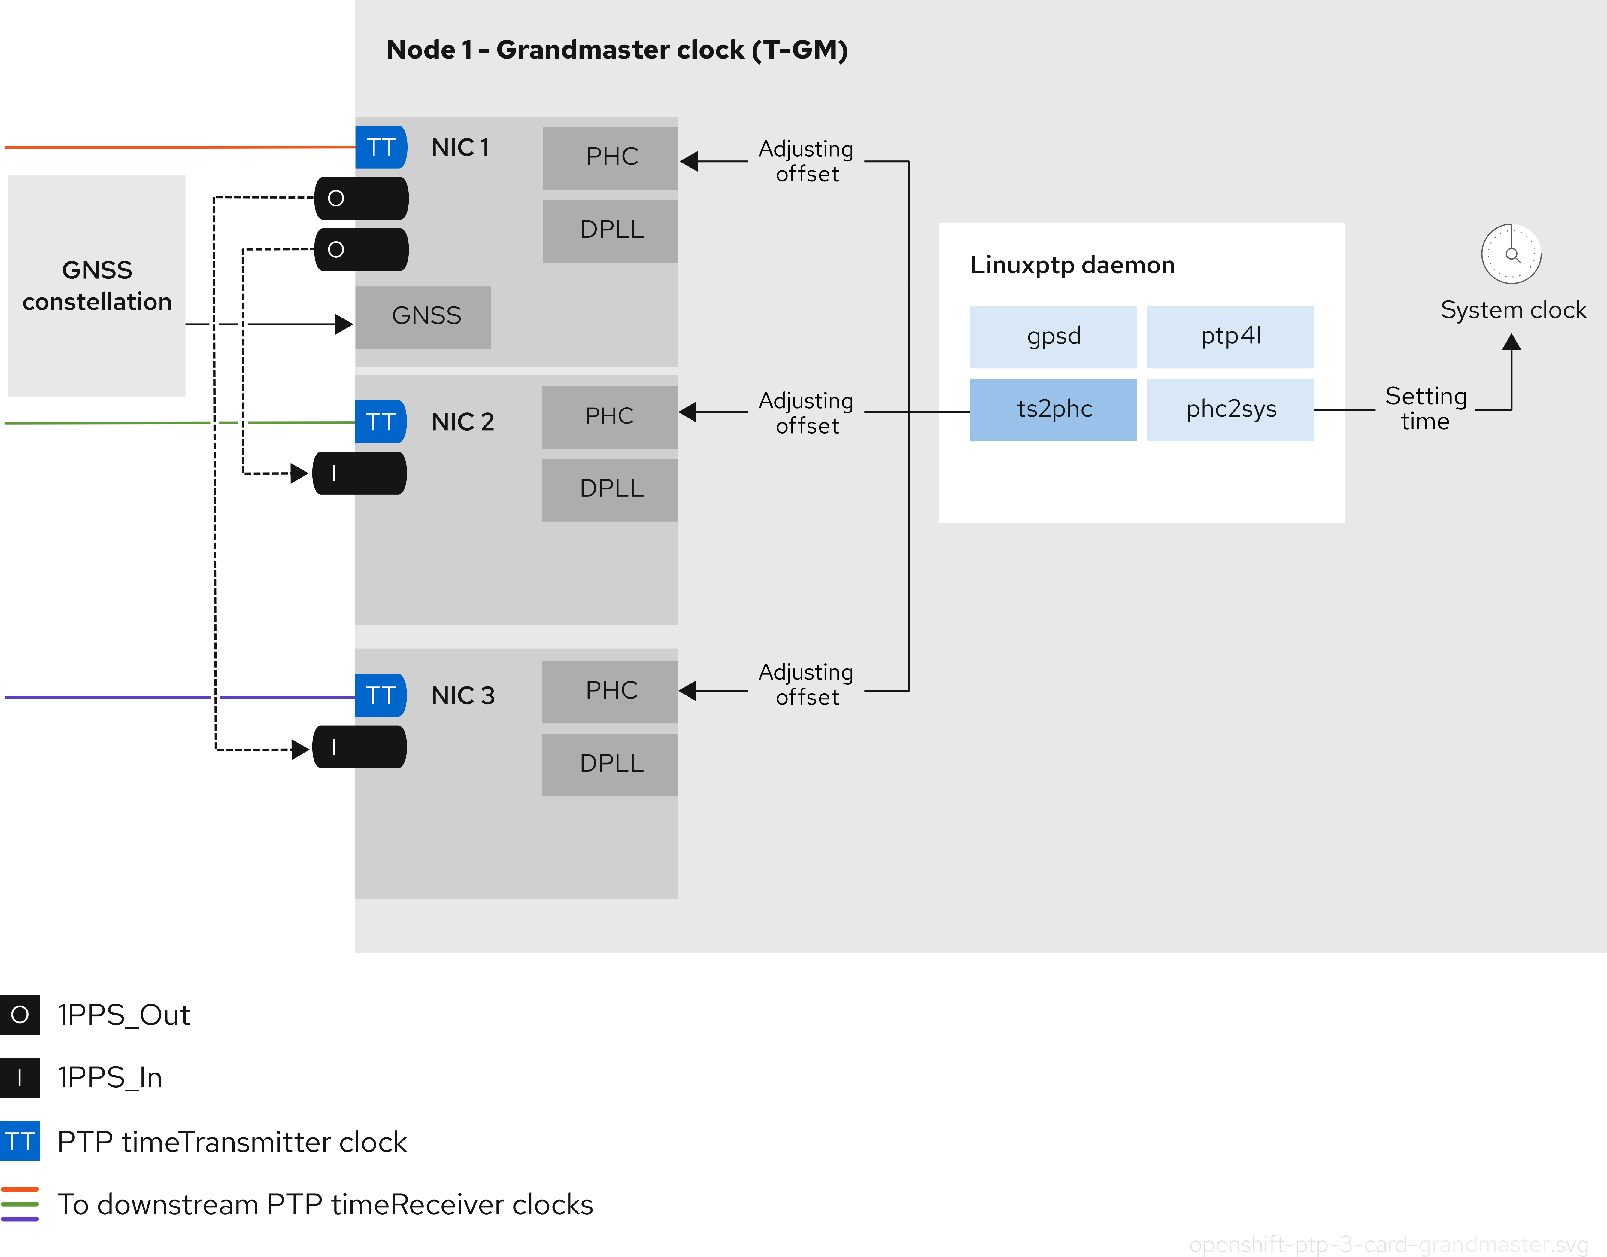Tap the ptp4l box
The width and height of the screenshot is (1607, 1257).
click(1230, 336)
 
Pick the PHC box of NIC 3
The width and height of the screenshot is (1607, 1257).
click(610, 691)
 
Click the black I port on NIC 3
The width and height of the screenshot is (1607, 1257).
click(359, 747)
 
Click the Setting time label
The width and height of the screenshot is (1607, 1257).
click(1425, 409)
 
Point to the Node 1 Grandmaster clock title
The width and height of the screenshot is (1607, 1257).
click(617, 50)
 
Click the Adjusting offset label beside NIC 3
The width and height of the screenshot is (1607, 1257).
click(806, 684)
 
